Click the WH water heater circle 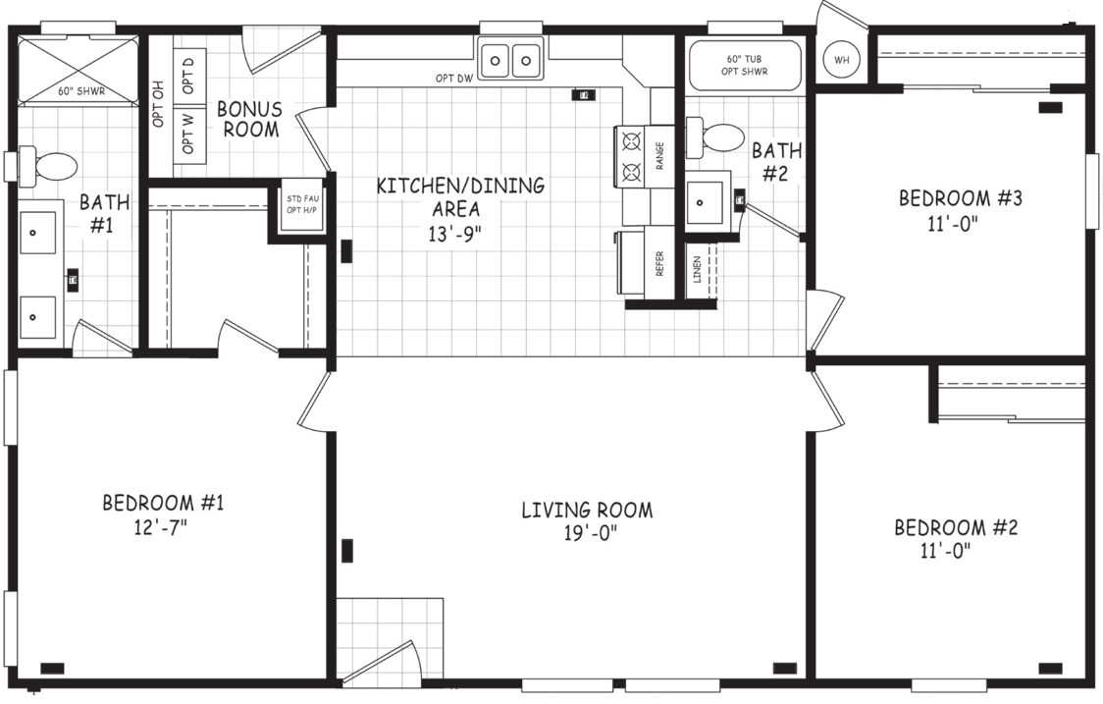click(x=841, y=60)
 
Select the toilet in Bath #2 click(x=716, y=137)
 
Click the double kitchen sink click(x=510, y=62)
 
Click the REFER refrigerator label click(x=659, y=262)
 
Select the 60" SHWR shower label click(x=80, y=92)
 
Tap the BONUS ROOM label click(x=249, y=119)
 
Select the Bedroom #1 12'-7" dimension click(x=163, y=527)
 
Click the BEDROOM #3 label click(x=961, y=198)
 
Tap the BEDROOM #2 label click(x=956, y=528)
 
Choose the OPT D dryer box click(x=188, y=74)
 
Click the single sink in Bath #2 click(x=704, y=203)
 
